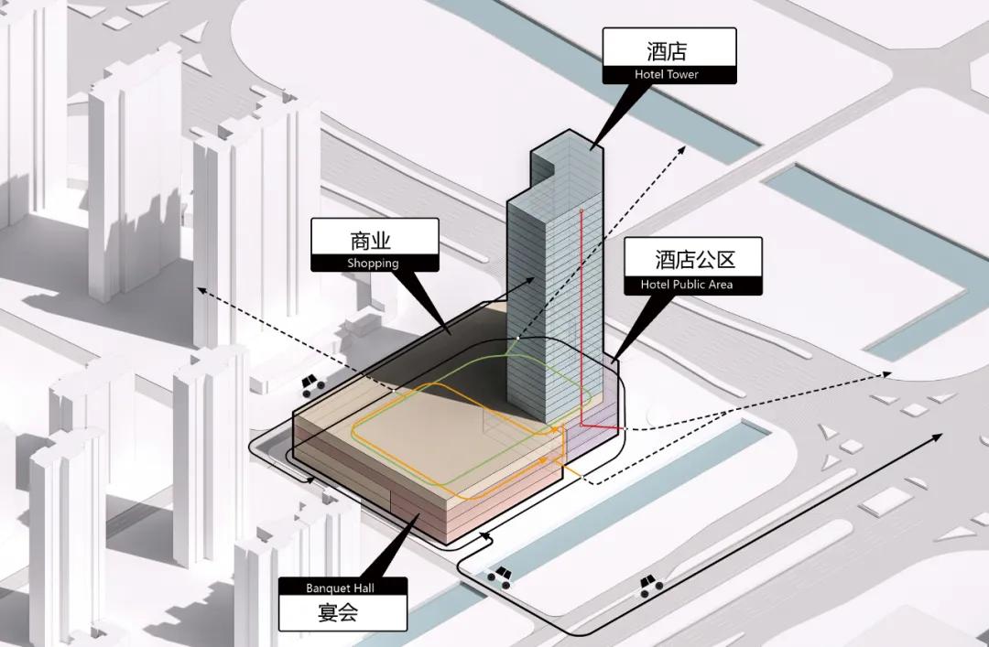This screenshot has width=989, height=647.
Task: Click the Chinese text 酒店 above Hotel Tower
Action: click(x=667, y=50)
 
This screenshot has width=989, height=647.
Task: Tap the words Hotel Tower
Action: click(x=667, y=74)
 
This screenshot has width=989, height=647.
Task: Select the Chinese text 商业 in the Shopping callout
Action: click(x=371, y=241)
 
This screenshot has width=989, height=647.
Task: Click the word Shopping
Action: click(x=373, y=263)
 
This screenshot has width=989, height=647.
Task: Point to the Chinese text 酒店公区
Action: click(x=695, y=259)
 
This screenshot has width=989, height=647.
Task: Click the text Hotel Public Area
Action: click(x=687, y=285)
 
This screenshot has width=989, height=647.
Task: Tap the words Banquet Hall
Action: click(x=340, y=588)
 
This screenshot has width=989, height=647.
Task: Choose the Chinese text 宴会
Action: click(x=338, y=612)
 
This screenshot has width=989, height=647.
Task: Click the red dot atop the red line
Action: click(x=581, y=208)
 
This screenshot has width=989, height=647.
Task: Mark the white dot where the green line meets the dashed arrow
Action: click(x=517, y=338)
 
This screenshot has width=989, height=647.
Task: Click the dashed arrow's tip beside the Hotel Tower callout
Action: click(x=684, y=147)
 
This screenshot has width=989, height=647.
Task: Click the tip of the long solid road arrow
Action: click(x=941, y=435)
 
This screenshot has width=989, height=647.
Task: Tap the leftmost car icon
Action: click(x=312, y=384)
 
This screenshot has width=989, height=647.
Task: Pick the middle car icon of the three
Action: click(x=499, y=577)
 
